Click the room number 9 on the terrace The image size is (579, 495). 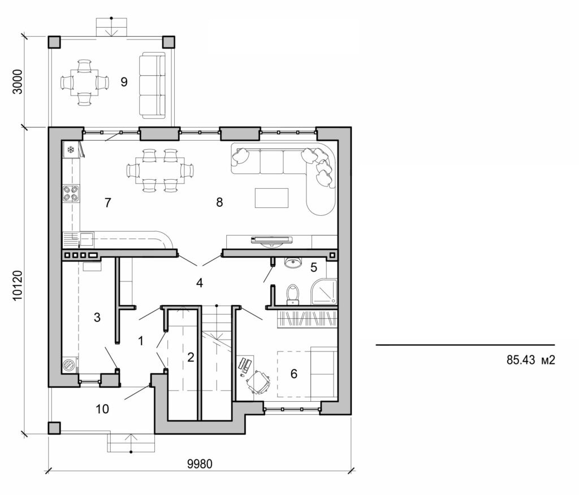[x=124, y=82]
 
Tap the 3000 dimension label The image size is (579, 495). [x=18, y=82]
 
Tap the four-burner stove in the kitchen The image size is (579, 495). [x=71, y=194]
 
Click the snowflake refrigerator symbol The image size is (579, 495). [x=71, y=150]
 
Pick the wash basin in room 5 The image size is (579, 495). [x=293, y=263]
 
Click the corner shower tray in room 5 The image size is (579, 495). [x=323, y=292]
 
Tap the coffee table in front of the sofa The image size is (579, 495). [x=271, y=198]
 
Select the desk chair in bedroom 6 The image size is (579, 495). [x=259, y=381]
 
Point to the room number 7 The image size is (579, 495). [x=107, y=202]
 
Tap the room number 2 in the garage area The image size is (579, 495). [x=191, y=357]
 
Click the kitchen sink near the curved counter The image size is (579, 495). [x=87, y=239]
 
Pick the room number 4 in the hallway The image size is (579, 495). [x=199, y=283]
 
